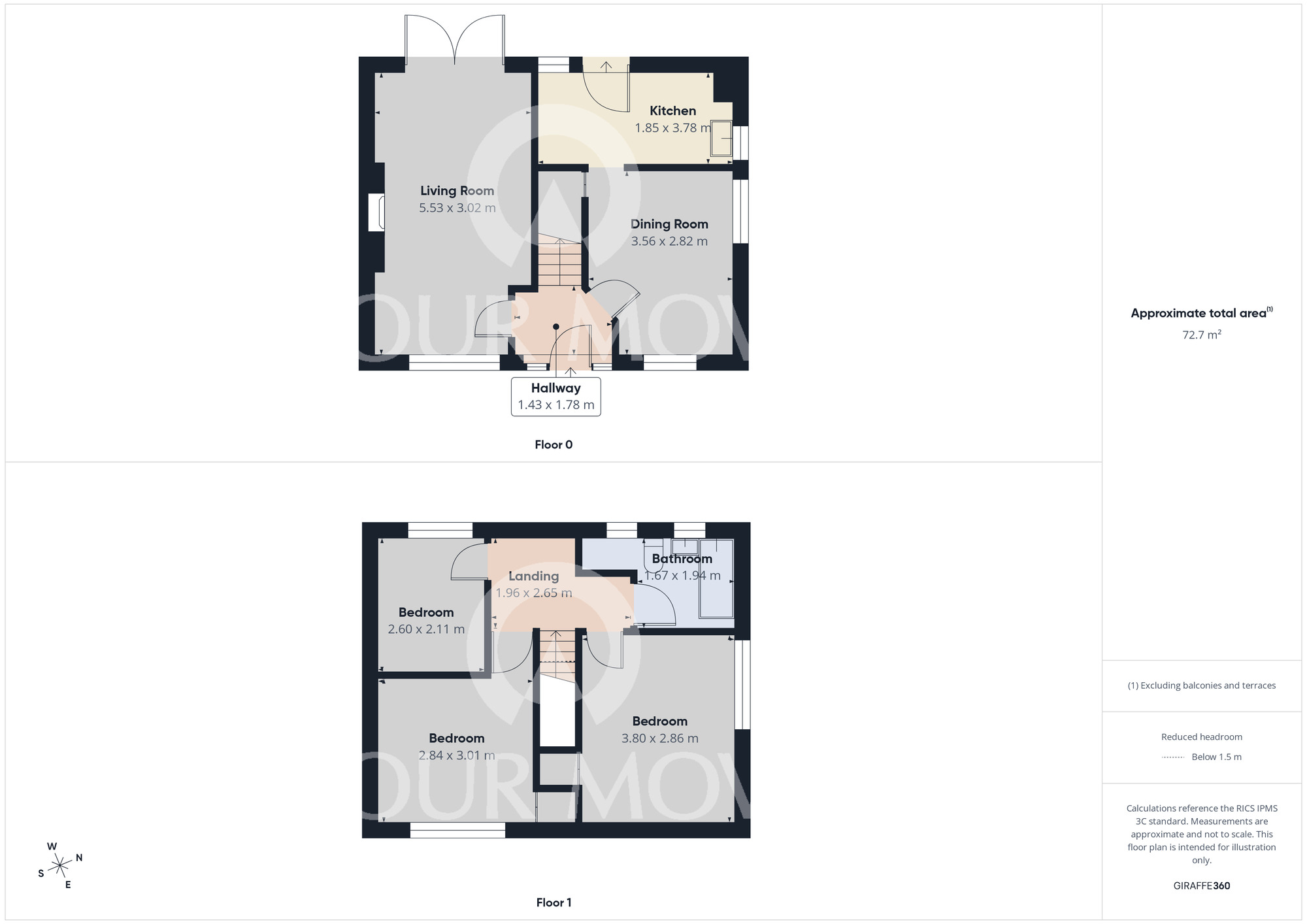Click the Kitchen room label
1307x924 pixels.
click(x=672, y=111)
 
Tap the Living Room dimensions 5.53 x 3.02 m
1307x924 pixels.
click(x=457, y=208)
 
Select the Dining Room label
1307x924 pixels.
click(x=669, y=224)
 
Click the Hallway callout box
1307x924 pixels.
click(x=555, y=396)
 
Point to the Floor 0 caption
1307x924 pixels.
click(x=554, y=445)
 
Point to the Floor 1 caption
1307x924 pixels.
click(x=554, y=902)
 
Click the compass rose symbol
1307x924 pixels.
click(x=60, y=866)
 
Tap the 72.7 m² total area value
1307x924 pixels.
click(x=1201, y=335)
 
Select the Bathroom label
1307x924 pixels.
click(x=682, y=559)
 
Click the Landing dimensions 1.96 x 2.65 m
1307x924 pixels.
click(x=533, y=593)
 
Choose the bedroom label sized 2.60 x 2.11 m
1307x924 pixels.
click(x=426, y=612)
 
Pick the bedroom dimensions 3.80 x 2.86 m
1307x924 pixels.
click(x=659, y=738)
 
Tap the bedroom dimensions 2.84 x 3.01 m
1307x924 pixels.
click(x=456, y=755)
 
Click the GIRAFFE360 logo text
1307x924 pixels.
click(x=1201, y=886)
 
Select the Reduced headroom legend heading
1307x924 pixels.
click(x=1201, y=737)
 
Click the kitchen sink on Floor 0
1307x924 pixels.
click(x=721, y=139)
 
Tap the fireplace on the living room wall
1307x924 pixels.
click(x=376, y=212)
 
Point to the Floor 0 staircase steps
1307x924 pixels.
click(x=559, y=263)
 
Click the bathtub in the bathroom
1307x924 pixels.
click(x=716, y=578)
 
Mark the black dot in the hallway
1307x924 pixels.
click(x=556, y=327)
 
